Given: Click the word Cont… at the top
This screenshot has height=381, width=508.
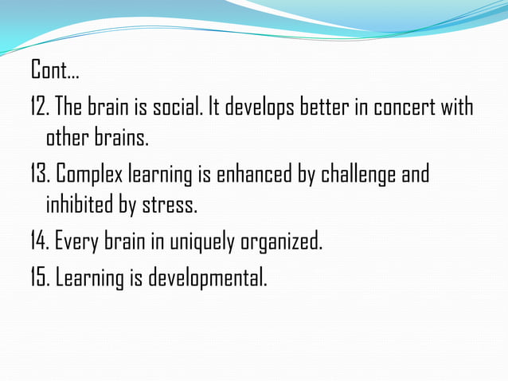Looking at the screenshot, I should [55, 71].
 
